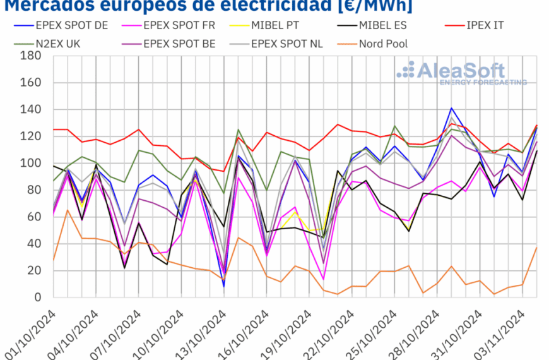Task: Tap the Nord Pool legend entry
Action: (x=382, y=44)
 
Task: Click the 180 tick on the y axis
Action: (x=31, y=56)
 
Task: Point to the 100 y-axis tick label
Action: (x=31, y=164)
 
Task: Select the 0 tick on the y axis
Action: (x=38, y=297)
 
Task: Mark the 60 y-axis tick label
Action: (x=34, y=217)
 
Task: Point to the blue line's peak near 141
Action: (x=451, y=109)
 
